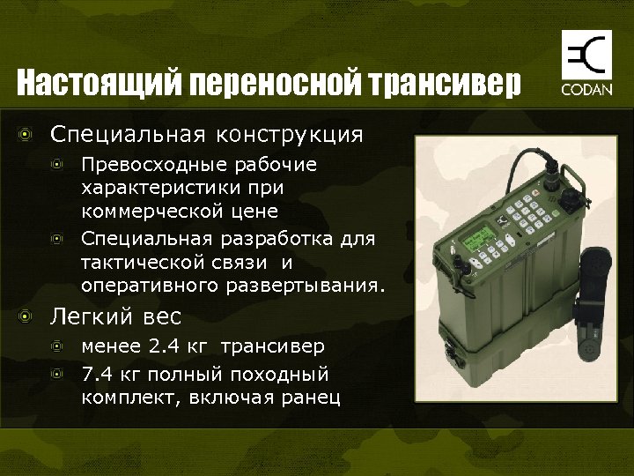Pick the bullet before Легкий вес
28,316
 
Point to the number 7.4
98,373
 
